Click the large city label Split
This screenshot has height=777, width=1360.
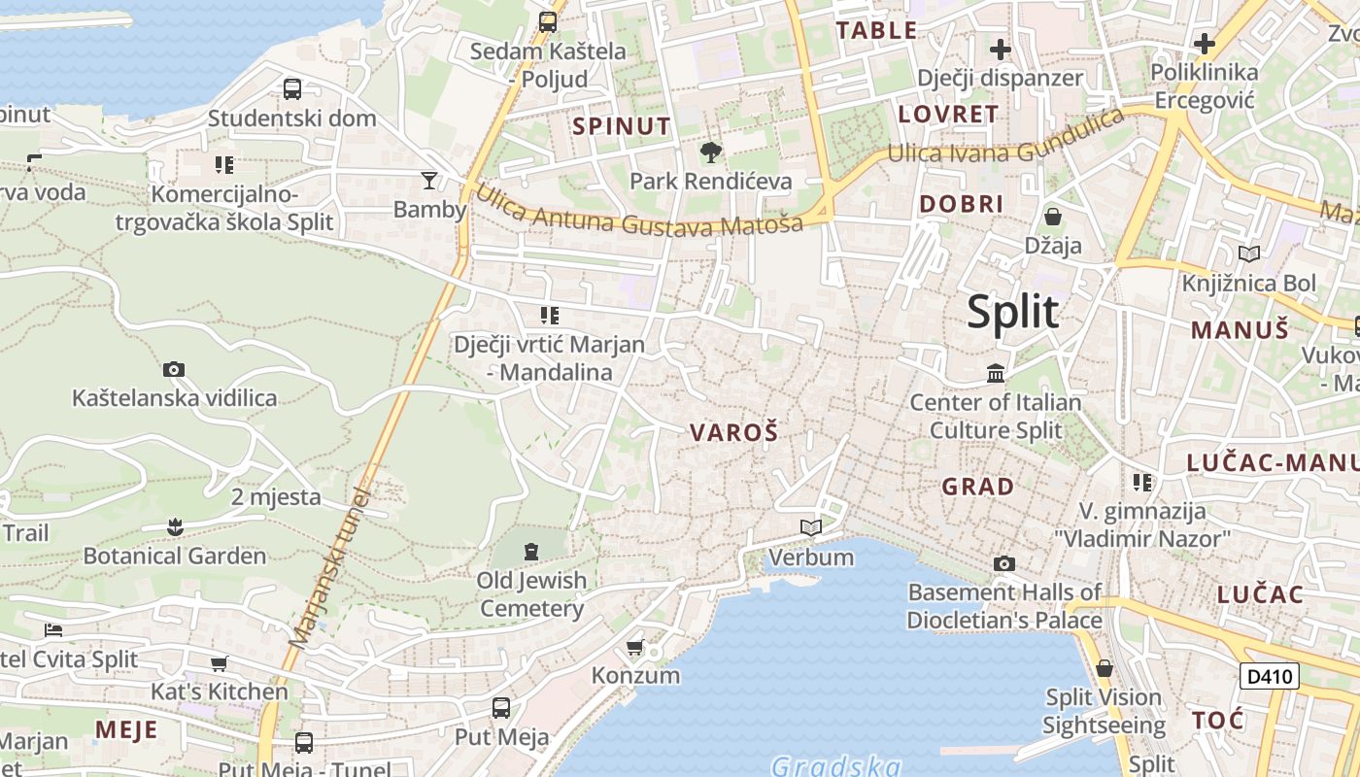pyautogui.click(x=1012, y=313)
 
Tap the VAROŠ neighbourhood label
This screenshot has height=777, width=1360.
pyautogui.click(x=734, y=433)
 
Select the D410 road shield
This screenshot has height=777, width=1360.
pyautogui.click(x=1269, y=676)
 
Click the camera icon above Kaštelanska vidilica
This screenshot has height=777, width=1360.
pyautogui.click(x=174, y=369)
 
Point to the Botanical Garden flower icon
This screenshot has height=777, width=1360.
pyautogui.click(x=175, y=527)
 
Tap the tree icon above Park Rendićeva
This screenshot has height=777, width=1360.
pyautogui.click(x=710, y=152)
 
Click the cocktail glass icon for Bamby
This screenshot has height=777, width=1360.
pyautogui.click(x=428, y=180)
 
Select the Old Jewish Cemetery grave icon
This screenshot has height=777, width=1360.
pyautogui.click(x=530, y=552)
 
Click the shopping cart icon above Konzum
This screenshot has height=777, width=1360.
pyautogui.click(x=634, y=647)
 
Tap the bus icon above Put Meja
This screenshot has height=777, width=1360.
pyautogui.click(x=501, y=708)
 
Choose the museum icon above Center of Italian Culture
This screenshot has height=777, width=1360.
pyautogui.click(x=996, y=373)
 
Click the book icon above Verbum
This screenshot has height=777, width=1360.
pyautogui.click(x=810, y=528)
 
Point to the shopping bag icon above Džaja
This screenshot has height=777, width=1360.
pyautogui.click(x=1052, y=217)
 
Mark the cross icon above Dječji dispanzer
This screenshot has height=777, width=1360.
pyautogui.click(x=1000, y=49)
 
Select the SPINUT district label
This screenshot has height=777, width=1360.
pyautogui.click(x=622, y=126)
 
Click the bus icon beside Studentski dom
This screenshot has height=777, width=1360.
pyautogui.click(x=291, y=89)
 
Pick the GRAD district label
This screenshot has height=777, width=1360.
pyautogui.click(x=978, y=487)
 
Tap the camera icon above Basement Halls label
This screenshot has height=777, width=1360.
pyautogui.click(x=1004, y=563)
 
